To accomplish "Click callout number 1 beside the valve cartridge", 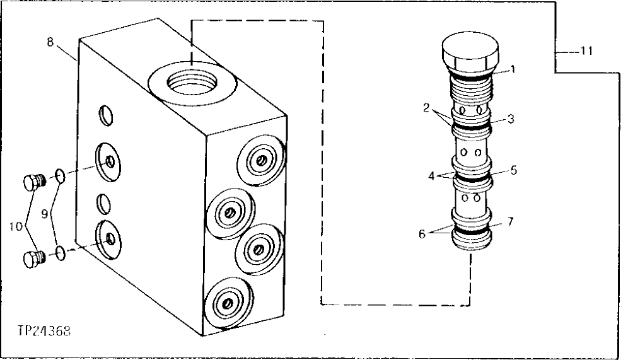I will [x=513, y=69].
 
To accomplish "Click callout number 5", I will [x=514, y=170].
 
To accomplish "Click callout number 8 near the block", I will [x=50, y=42].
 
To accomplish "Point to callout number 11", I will [x=586, y=52].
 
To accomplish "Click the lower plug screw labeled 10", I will [x=32, y=258].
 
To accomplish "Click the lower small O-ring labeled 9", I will [x=59, y=253].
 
